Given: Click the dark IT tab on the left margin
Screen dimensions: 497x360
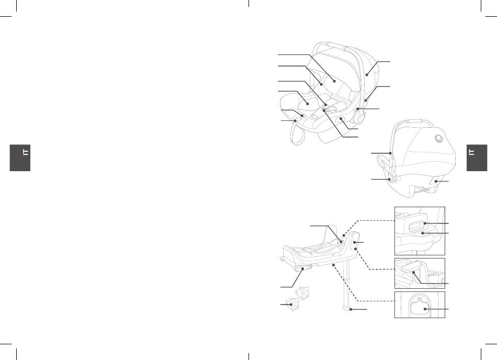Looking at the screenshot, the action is point(20,158).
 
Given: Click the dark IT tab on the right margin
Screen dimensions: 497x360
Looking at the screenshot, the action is point(477,158).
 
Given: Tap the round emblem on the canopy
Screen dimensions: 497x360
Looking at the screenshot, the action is point(439,138).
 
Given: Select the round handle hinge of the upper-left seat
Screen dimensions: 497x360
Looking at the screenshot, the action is point(359,117).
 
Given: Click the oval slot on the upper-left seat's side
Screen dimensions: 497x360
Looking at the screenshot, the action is point(342,119).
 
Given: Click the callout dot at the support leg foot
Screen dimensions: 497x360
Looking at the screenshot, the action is point(350,309).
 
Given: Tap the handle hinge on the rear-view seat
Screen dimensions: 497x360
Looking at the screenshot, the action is point(391,178).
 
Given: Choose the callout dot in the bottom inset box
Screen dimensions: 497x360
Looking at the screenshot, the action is point(425,309).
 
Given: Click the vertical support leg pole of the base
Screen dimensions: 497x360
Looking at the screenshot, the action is point(347,282).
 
